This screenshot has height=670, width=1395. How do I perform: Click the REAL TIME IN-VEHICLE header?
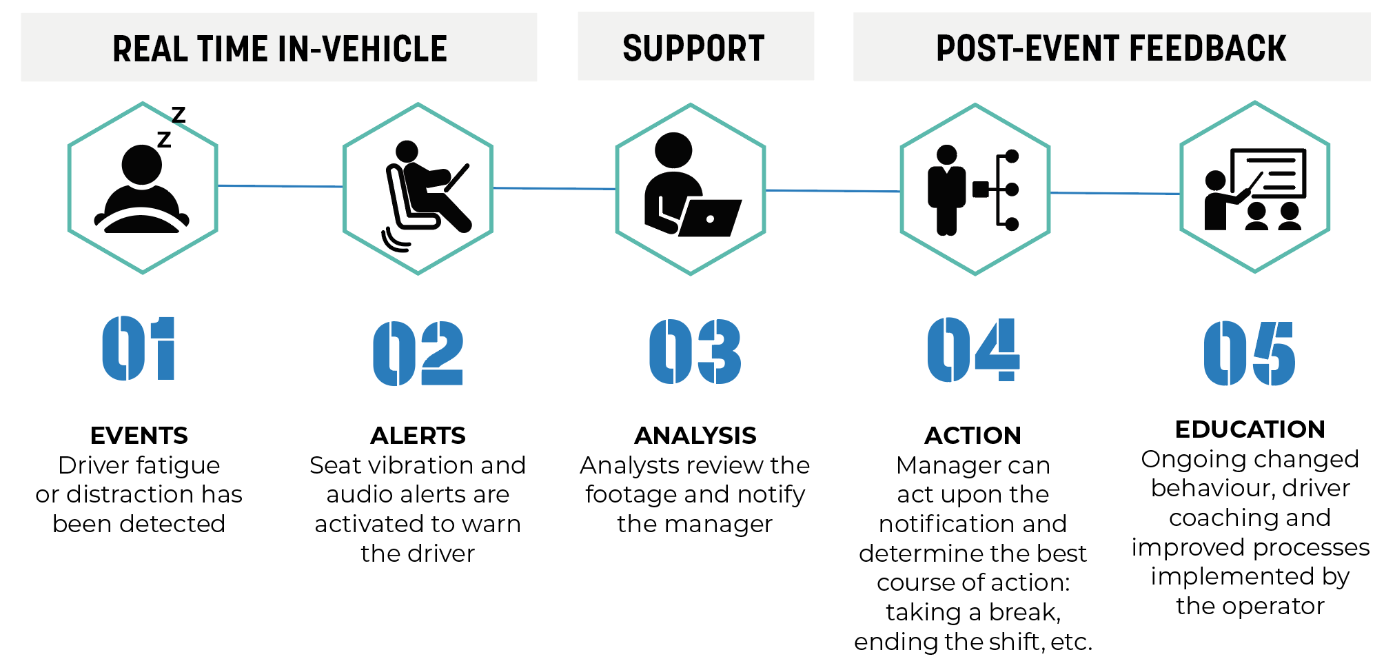tap(279, 48)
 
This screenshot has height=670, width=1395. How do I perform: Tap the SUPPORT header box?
tap(695, 46)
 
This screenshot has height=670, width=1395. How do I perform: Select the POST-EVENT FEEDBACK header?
tap(1112, 47)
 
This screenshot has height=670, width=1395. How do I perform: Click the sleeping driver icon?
tap(142, 179)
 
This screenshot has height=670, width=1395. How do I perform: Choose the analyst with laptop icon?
tap(692, 185)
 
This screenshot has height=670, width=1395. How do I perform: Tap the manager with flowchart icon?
tap(973, 190)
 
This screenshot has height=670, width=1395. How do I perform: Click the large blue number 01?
tap(139, 348)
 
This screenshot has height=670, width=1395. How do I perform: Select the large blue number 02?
tap(418, 353)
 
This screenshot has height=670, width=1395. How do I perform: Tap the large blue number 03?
tap(695, 351)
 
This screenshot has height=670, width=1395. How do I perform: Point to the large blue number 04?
tap(973, 349)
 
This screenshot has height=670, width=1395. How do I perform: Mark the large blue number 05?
tap(1250, 354)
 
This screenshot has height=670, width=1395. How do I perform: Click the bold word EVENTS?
tap(139, 436)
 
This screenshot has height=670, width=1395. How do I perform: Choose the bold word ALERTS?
tap(418, 436)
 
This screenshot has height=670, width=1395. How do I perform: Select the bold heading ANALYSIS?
tap(695, 436)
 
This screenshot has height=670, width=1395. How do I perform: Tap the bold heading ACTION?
tap(973, 436)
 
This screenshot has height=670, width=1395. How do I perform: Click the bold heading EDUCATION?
tap(1250, 429)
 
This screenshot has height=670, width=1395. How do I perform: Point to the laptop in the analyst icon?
tap(710, 218)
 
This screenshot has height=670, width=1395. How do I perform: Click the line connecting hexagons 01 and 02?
tap(281, 186)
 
